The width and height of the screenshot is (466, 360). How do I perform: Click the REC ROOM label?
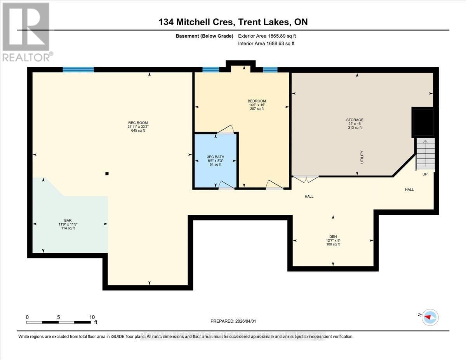tap(137, 123)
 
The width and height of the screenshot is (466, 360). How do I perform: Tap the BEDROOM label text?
tap(257, 101)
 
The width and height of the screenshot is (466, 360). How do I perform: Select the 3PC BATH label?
tap(216, 157)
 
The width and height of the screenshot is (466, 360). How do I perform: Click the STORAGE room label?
tap(355, 120)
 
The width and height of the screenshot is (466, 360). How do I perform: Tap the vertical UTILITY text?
tap(362, 157)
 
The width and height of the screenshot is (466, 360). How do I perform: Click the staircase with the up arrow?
tap(425, 154)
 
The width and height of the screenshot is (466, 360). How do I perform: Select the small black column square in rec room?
tap(107, 174)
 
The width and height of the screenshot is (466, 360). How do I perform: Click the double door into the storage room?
tap(306, 179)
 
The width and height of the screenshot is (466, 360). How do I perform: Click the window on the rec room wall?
tap(78, 70)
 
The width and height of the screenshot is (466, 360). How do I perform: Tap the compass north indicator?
tap(429, 317)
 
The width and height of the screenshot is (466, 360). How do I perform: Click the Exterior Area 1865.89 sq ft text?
tap(270, 36)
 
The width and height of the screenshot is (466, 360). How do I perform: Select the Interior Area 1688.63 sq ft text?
tap(266, 43)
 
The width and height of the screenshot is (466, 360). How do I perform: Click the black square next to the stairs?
tap(423, 122)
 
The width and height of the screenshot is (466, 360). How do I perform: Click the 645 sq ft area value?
tap(137, 130)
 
